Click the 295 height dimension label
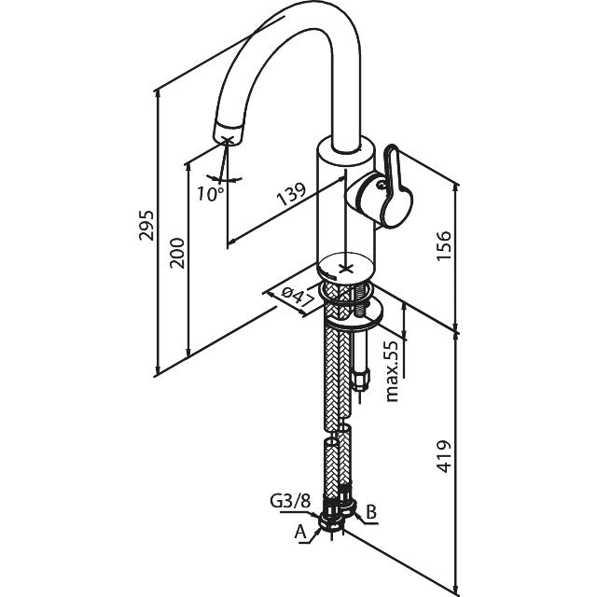pyautogui.click(x=146, y=225)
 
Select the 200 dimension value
pyautogui.click(x=177, y=253)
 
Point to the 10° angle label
pyautogui.click(x=210, y=194)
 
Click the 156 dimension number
pyautogui.click(x=444, y=245)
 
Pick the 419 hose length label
pyautogui.click(x=443, y=456)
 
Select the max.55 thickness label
pyautogui.click(x=392, y=371)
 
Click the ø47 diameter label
pyautogui.click(x=296, y=298)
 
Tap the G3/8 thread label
pyautogui.click(x=290, y=501)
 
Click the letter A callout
pyautogui.click(x=300, y=532)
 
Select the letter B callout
pyautogui.click(x=371, y=512)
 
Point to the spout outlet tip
pyautogui.click(x=228, y=133)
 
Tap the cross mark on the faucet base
pyautogui.click(x=344, y=269)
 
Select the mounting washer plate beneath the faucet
pyautogui.click(x=354, y=313)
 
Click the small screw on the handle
pyautogui.click(x=381, y=185)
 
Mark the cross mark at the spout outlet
pyautogui.click(x=228, y=140)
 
